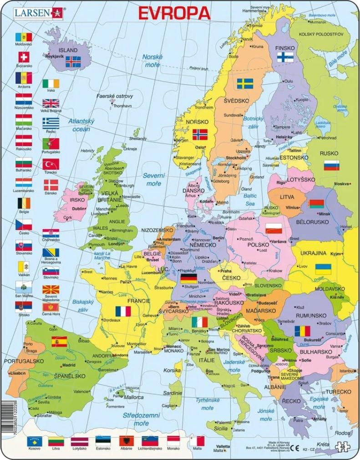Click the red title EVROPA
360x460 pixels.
174,13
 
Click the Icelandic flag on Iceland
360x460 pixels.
73,61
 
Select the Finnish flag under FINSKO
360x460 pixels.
285,57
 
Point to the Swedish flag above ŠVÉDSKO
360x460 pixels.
245,83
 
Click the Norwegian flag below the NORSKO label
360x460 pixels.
200,134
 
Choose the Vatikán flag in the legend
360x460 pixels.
24,267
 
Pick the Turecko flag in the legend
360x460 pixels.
51,164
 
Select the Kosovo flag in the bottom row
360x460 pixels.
35,440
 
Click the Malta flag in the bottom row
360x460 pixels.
197,440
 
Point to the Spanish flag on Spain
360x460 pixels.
59,341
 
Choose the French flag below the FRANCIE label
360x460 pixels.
123,311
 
